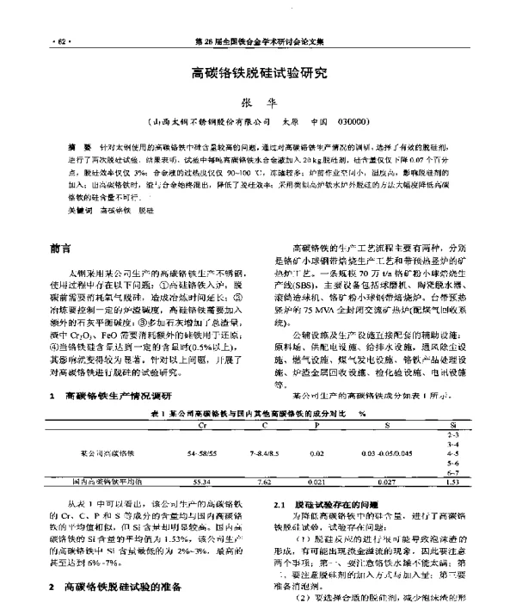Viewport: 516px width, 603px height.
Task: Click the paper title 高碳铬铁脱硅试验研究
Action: click(257, 75)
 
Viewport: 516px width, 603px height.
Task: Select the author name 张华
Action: click(258, 102)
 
